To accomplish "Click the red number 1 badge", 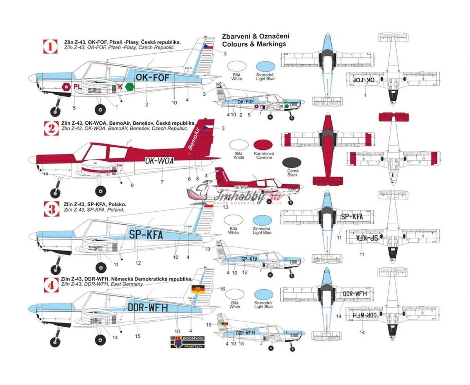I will point(50,47).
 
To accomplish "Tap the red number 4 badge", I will point(51,285).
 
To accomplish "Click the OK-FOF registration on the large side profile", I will point(152,78).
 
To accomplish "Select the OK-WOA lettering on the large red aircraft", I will point(159,160).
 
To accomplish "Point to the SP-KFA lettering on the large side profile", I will point(146,235).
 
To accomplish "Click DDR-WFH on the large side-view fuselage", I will point(148,308).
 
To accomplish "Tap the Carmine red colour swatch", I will point(263,146).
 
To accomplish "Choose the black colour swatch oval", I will point(292,163).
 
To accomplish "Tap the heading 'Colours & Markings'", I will point(254,44).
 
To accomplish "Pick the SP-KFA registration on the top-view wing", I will point(352,217).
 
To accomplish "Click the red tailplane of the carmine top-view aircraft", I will point(328,181).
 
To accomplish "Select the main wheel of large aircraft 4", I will point(101,340).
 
